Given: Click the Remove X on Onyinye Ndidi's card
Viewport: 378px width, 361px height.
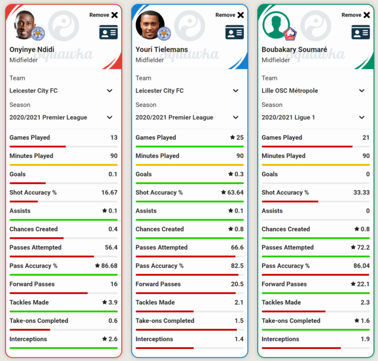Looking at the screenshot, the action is (x=114, y=15).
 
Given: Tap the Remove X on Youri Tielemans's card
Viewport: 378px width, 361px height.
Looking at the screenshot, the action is (x=240, y=15).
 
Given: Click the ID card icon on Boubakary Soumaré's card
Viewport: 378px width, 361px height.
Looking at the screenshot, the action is (x=361, y=32).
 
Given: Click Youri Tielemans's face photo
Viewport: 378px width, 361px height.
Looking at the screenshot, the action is (x=150, y=25).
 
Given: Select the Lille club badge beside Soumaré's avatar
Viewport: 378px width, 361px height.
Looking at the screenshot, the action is (x=290, y=34).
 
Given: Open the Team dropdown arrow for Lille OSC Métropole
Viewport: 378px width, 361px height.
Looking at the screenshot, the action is (x=362, y=91).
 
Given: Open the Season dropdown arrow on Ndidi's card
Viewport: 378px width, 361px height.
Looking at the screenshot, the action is (x=110, y=117).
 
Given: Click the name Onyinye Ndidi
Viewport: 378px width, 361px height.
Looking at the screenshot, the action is (x=32, y=50).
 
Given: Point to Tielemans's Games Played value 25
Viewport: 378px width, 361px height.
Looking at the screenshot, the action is (x=240, y=138).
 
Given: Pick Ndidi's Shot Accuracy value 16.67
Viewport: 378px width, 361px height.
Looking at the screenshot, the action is (x=109, y=193).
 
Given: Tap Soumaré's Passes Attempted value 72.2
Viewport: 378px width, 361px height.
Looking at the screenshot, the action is (x=363, y=247).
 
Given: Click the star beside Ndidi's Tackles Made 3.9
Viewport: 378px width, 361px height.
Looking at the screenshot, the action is (x=104, y=302).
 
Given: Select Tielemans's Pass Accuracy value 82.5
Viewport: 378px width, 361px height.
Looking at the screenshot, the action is (x=237, y=266).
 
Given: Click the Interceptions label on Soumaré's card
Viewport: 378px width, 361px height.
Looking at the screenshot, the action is (x=280, y=339).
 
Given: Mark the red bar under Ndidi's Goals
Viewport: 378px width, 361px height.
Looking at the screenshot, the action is (x=27, y=183).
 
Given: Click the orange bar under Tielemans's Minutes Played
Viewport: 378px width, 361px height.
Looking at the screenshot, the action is (x=190, y=165).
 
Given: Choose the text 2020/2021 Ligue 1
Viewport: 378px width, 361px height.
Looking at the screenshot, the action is (x=289, y=117).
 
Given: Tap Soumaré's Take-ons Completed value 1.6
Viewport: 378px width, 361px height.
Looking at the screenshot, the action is (x=365, y=321).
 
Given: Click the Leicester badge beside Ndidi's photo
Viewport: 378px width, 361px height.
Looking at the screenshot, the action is (x=38, y=34).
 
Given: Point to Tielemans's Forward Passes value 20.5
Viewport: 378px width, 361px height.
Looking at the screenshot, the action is (x=237, y=284).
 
